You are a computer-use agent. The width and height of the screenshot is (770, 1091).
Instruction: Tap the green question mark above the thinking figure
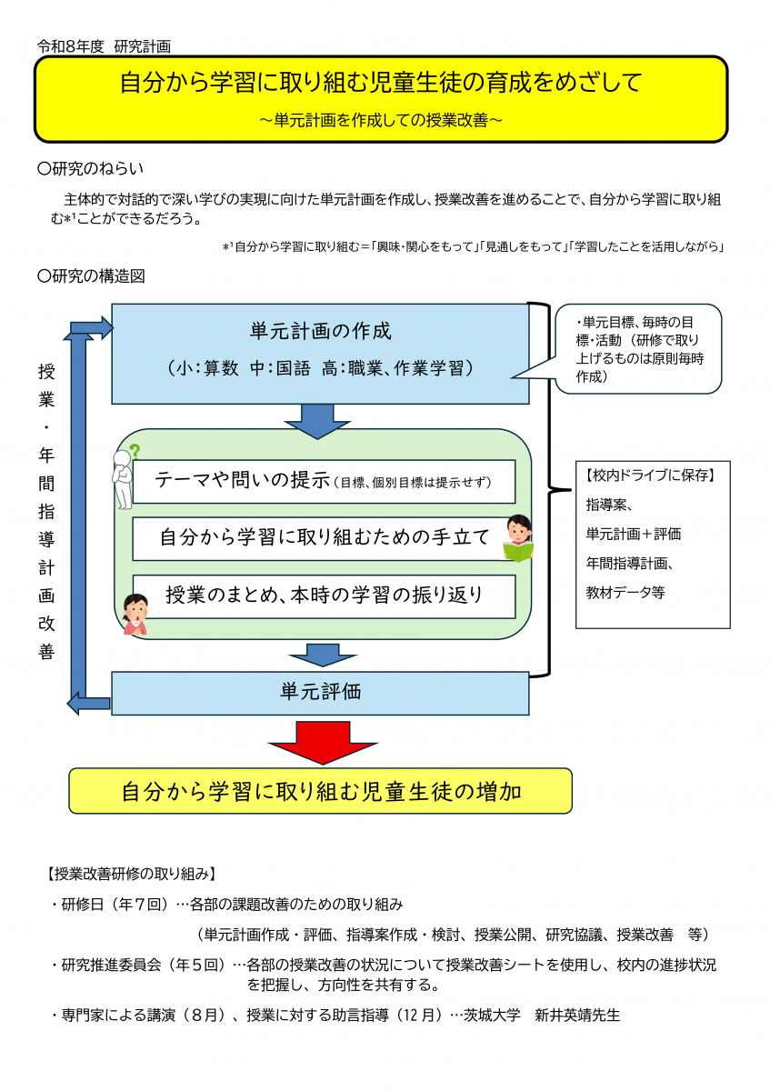pyautogui.click(x=135, y=451)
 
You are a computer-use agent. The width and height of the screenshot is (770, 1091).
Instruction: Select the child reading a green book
pyautogui.click(x=518, y=537)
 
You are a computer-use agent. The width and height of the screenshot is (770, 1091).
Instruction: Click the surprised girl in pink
pyautogui.click(x=135, y=614)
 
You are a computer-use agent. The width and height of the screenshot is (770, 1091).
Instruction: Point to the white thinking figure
pyautogui.click(x=122, y=480)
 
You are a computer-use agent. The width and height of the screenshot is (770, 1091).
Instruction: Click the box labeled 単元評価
pyautogui.click(x=320, y=693)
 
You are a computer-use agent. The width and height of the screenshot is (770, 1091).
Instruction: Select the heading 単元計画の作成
pyautogui.click(x=321, y=331)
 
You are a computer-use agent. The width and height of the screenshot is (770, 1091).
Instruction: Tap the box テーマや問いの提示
pyautogui.click(x=324, y=481)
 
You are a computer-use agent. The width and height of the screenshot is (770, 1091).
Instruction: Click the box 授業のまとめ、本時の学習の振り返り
pyautogui.click(x=324, y=596)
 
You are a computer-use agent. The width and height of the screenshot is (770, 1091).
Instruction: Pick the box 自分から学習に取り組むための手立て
pyautogui.click(x=324, y=538)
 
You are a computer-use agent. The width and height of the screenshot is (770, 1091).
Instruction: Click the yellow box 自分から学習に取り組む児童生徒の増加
pyautogui.click(x=321, y=791)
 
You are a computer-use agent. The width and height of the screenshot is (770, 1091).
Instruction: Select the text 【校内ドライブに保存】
pyautogui.click(x=650, y=475)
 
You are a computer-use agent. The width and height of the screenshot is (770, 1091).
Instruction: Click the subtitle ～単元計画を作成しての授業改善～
pyautogui.click(x=381, y=120)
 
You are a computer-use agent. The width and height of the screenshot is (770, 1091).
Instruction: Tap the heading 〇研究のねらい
pyautogui.click(x=91, y=168)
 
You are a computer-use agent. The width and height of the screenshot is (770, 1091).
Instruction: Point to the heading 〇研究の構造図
pyautogui.click(x=91, y=276)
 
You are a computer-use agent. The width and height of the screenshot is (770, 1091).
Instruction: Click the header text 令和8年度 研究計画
pyautogui.click(x=104, y=46)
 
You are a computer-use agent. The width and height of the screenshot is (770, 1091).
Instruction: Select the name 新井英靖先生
pyautogui.click(x=577, y=1015)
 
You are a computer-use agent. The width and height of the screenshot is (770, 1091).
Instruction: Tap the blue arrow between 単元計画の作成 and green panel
pyautogui.click(x=317, y=421)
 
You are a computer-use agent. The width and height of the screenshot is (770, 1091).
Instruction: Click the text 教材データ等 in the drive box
pyautogui.click(x=625, y=592)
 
